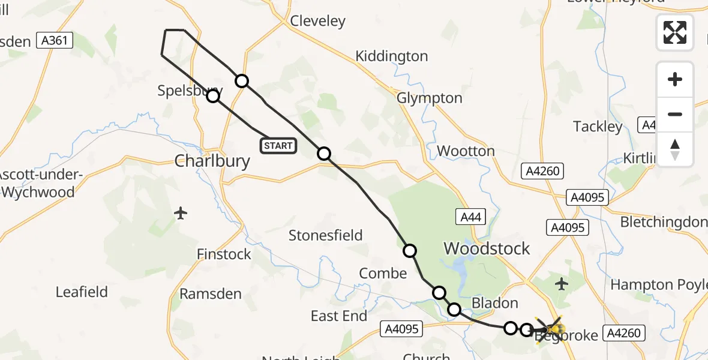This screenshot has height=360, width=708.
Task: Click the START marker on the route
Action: [278, 145]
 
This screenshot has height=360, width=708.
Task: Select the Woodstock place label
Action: [487, 248]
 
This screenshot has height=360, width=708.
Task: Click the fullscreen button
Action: [675, 32]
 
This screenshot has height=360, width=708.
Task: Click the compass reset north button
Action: [675, 149]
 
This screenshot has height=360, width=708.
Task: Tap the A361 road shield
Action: [55, 41]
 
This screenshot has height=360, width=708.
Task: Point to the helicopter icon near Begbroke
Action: [551, 329]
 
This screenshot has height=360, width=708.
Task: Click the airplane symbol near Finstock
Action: [181, 213]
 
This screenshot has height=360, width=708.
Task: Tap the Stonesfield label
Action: [325, 235]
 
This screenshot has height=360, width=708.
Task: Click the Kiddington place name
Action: [391, 56]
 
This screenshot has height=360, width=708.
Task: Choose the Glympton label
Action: [430, 98]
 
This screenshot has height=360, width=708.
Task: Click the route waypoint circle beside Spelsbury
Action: [213, 96]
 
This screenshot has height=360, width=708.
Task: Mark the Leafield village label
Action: [82, 292]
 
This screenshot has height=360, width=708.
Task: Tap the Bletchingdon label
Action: [664, 222]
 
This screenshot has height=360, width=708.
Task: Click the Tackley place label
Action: [598, 127]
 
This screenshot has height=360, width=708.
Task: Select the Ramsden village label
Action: [211, 294]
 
